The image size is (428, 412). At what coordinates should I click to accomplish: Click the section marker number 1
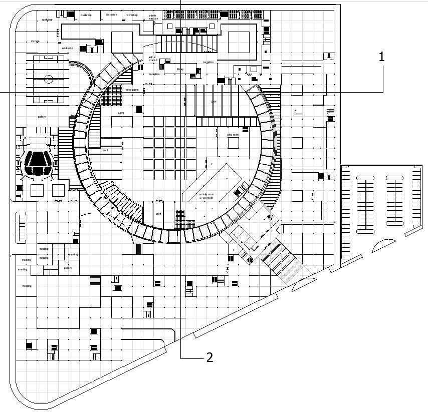(x=381, y=57)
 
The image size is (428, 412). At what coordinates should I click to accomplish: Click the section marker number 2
(x=209, y=357)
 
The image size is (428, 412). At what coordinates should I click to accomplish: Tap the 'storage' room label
(x=35, y=41)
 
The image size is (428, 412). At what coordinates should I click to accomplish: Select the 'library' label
(x=180, y=69)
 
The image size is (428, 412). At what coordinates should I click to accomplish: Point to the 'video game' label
(x=132, y=90)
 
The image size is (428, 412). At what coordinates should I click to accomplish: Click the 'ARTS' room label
(x=121, y=114)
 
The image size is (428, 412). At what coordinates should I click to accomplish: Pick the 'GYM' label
(x=213, y=102)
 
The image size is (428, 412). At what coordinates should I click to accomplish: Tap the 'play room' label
(x=233, y=135)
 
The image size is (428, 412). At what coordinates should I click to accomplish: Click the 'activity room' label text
(x=206, y=194)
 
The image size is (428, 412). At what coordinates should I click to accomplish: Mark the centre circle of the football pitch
(x=49, y=79)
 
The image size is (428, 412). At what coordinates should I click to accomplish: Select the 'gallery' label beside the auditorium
(x=42, y=117)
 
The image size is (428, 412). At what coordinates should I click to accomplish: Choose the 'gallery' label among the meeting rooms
(x=68, y=268)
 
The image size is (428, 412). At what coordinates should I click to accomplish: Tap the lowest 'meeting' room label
(x=27, y=286)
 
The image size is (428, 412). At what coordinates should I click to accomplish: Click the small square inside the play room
(x=233, y=143)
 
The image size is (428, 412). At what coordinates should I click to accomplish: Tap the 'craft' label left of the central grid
(x=106, y=150)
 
